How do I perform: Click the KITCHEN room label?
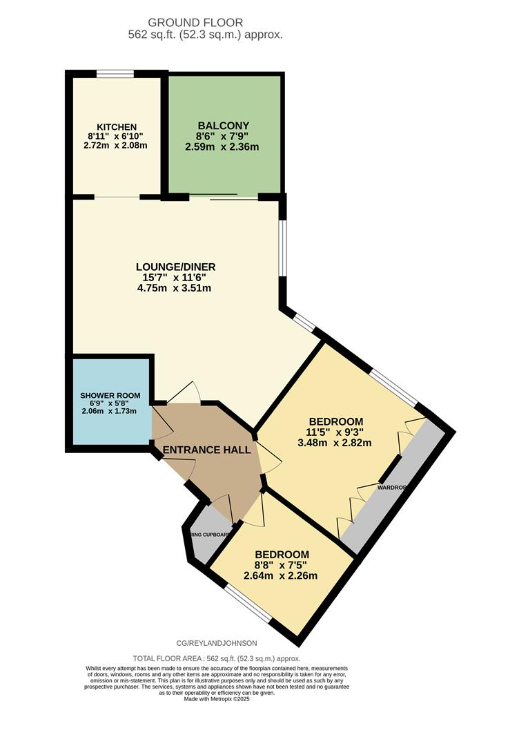click(116, 127)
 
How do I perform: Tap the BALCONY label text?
click(219, 126)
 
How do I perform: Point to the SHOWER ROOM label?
click(110, 396)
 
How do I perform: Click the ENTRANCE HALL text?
click(206, 450)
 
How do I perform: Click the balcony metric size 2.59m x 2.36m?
click(222, 146)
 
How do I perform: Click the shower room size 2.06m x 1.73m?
click(109, 411)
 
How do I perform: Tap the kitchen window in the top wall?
click(115, 73)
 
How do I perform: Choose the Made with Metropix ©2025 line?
click(217, 698)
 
